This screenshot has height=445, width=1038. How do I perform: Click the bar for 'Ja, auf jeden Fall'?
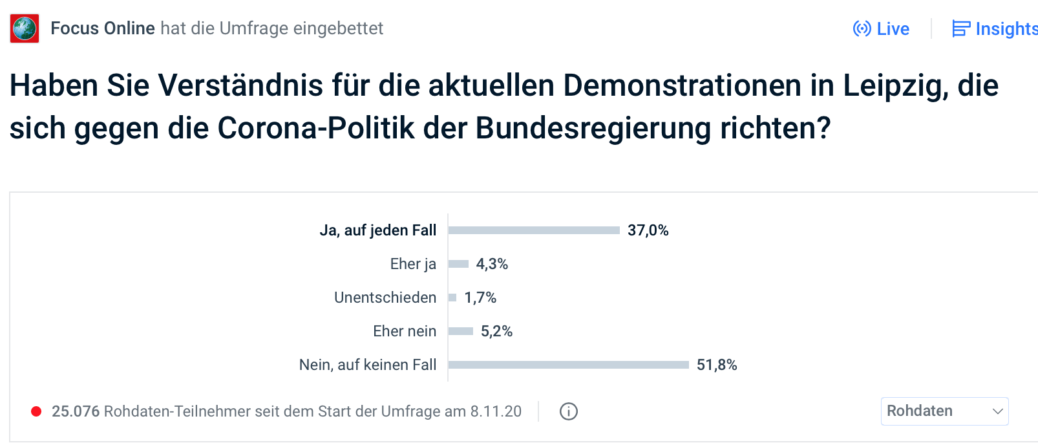coord(534,230)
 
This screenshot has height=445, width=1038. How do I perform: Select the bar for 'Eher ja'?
coord(458,264)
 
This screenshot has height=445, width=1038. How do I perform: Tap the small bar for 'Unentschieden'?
coord(452,298)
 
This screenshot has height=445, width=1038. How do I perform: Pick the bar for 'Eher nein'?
coord(461,331)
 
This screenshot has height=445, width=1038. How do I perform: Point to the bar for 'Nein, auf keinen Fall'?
coord(569,365)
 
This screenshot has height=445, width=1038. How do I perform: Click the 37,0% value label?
coord(648,230)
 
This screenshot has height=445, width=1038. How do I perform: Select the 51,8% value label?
coord(717,365)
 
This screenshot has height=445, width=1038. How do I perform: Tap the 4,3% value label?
coord(492,264)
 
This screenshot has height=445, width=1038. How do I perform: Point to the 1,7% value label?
coord(480,298)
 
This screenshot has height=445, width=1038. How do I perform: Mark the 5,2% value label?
coord(496,331)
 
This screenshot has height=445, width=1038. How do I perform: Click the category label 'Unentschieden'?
coord(385,298)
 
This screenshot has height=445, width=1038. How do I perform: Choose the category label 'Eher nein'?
coord(405,331)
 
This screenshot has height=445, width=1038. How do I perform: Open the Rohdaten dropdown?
coord(944,411)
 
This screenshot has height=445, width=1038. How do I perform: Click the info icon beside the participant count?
coord(569,411)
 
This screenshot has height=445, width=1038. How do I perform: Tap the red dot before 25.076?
coord(37,411)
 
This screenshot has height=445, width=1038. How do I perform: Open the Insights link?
coord(995,29)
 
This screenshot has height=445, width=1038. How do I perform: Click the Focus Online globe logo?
coord(25,28)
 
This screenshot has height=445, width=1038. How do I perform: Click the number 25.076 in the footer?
coord(76,411)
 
